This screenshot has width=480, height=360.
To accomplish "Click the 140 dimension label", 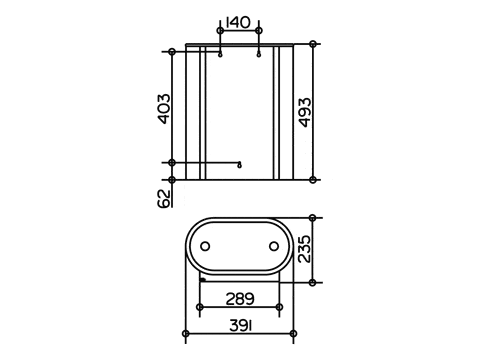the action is tap(238, 23).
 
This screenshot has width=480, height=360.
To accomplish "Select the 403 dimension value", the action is tap(164, 109).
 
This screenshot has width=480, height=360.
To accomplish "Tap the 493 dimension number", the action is tap(305, 112).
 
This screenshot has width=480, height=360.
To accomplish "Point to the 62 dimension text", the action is tap(164, 199).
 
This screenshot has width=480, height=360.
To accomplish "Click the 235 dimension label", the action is tap(304, 249).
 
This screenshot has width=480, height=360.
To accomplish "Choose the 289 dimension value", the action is tap(240, 299).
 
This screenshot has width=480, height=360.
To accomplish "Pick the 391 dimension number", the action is tap(241, 326).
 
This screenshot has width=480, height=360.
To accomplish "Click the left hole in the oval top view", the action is tap(205, 246).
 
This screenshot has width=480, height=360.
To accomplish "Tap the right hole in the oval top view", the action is tap(274, 246).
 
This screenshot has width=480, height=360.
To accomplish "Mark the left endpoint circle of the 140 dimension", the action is tap(220, 31).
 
